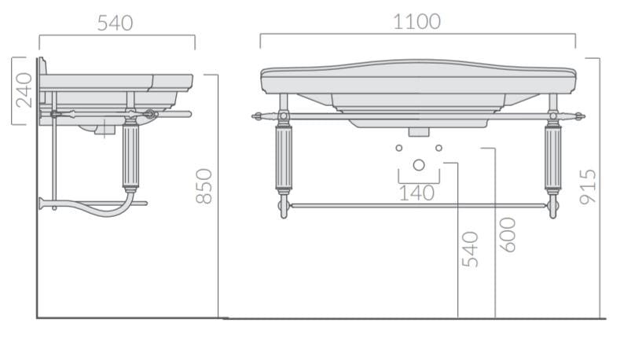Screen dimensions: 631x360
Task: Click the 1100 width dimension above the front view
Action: click(x=417, y=22)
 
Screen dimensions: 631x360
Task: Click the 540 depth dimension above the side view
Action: click(x=115, y=23)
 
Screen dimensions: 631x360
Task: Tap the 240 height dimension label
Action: click(x=24, y=90)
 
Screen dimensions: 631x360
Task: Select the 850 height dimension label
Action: click(x=204, y=186)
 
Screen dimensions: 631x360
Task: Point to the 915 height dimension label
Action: click(x=588, y=187)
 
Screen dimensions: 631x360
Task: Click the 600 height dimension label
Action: click(x=508, y=235)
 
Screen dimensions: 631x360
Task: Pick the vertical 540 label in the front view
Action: click(x=470, y=250)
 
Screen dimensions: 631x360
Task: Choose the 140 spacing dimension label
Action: click(x=417, y=193)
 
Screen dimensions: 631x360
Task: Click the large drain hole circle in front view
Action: click(x=419, y=165)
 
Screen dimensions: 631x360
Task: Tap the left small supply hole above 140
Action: click(x=399, y=148)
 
